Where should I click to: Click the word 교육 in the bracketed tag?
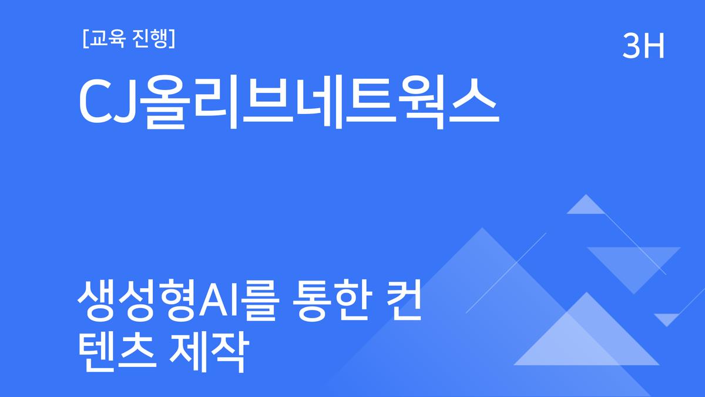[106, 39]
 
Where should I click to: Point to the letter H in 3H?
[653, 47]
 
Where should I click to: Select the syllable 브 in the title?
[262, 102]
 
